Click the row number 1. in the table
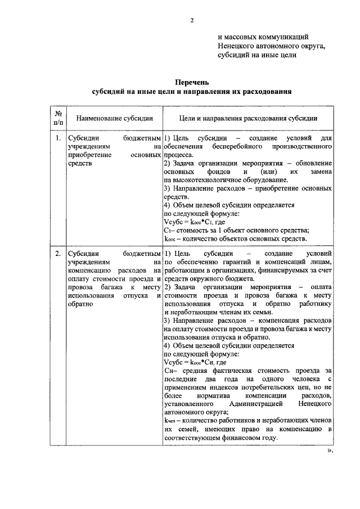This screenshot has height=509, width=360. coord(58,137)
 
